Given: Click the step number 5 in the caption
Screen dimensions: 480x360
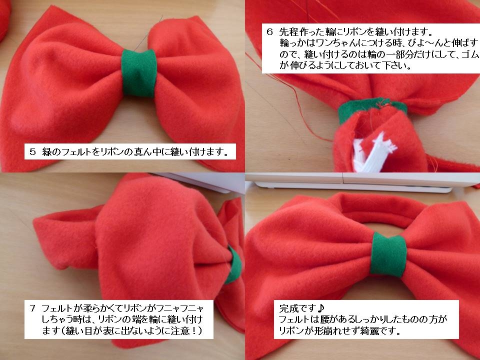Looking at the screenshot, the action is [x=33, y=151].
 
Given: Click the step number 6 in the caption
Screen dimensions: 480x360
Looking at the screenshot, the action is [x=269, y=31].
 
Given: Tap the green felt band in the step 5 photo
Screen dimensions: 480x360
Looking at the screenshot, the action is [x=139, y=73].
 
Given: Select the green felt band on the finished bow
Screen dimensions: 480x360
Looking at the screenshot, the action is [x=388, y=254].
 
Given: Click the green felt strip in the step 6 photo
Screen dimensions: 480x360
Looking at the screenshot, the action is [x=372, y=108].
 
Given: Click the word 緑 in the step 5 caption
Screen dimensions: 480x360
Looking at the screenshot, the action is [x=47, y=151].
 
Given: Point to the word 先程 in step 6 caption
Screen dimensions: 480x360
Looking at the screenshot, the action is [x=288, y=31].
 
